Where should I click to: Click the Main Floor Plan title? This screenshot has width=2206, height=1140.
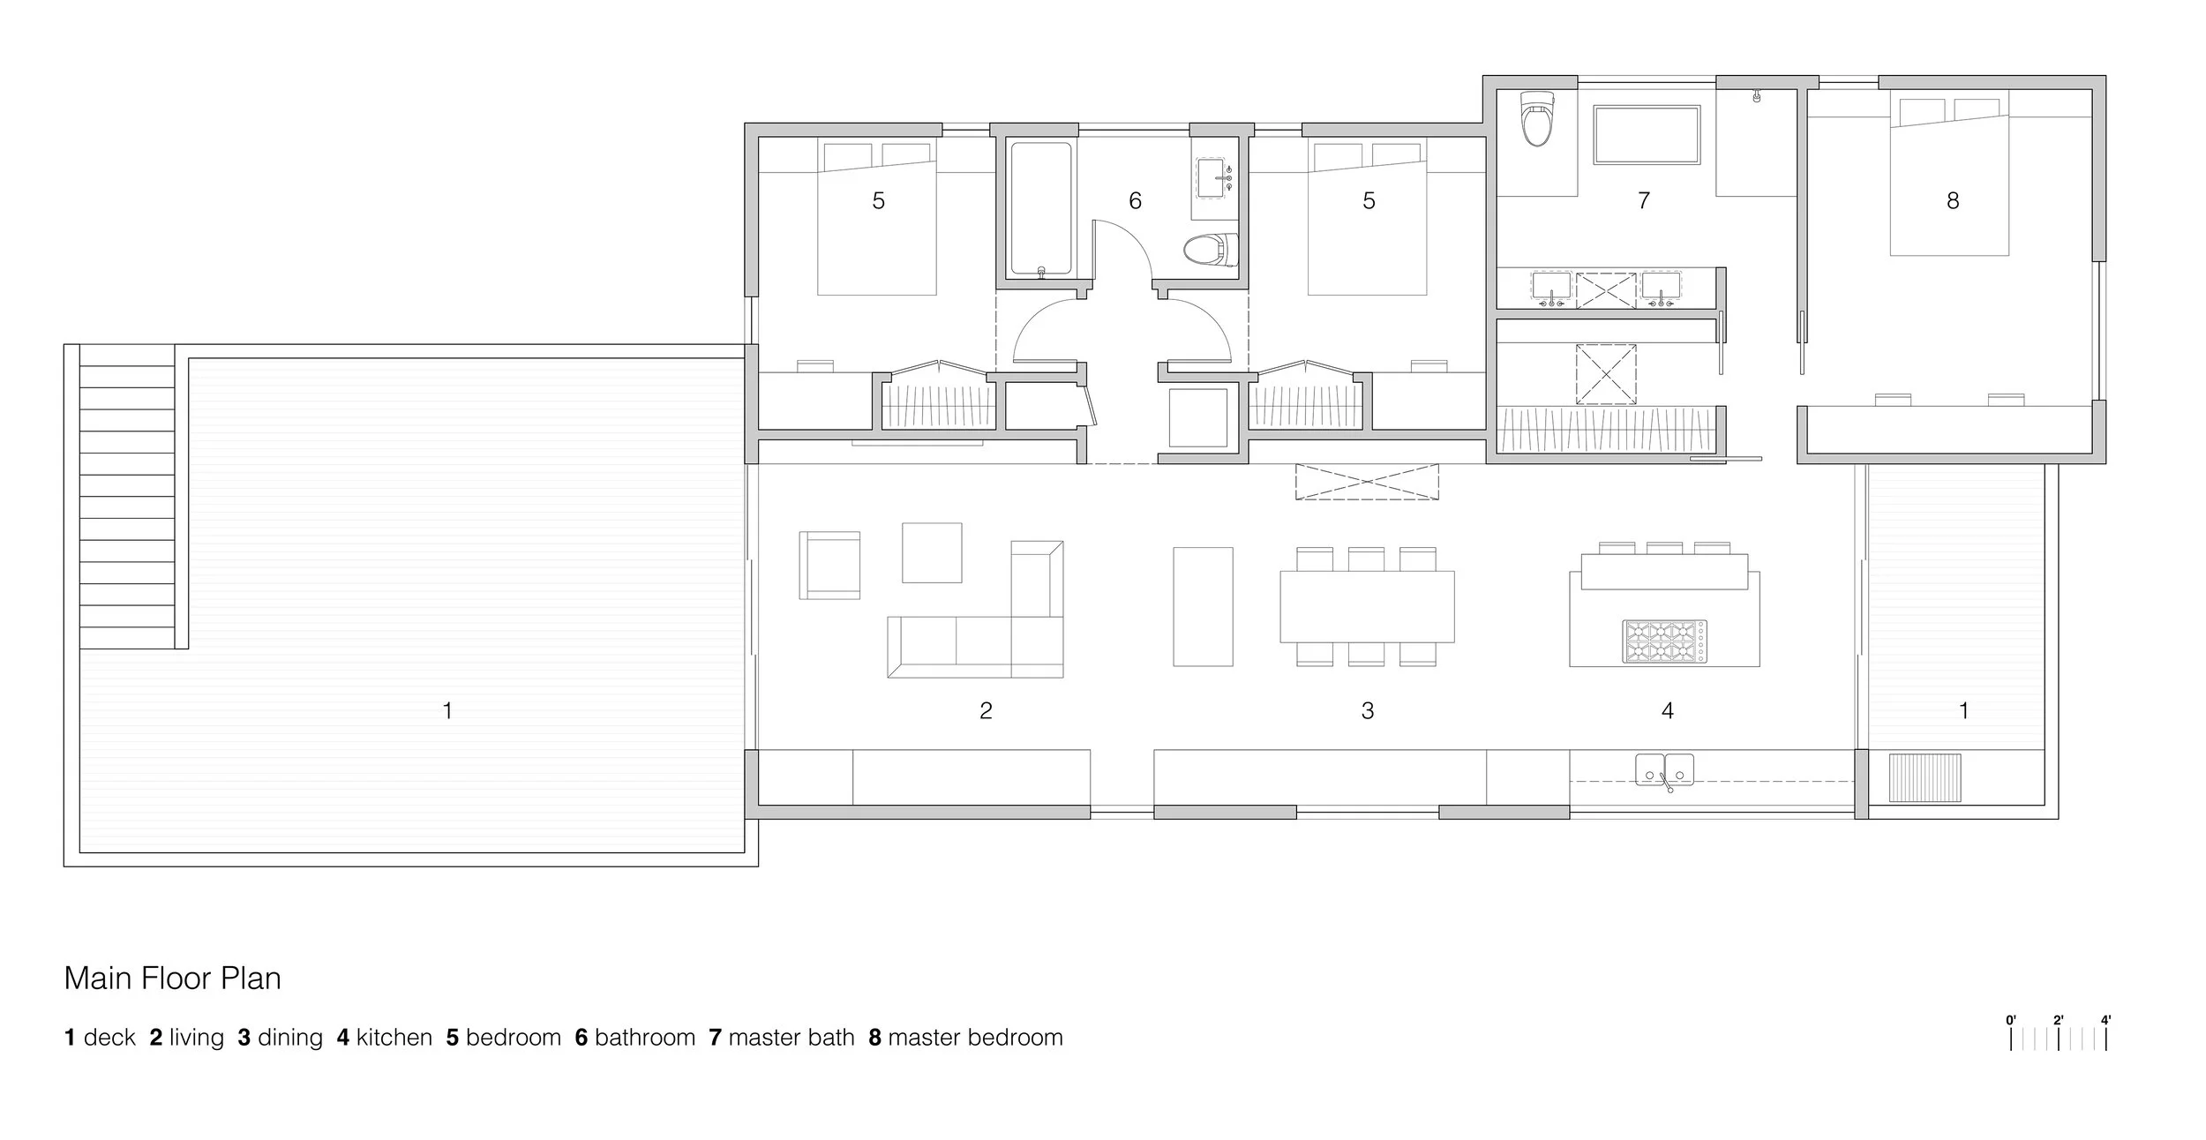(173, 979)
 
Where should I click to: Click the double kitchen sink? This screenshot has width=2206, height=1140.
(1665, 769)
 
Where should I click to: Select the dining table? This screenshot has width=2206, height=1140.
(1367, 606)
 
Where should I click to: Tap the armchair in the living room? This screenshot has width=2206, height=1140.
(829, 566)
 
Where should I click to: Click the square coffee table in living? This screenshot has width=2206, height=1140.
(932, 552)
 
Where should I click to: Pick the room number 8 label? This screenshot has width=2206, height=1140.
(1953, 201)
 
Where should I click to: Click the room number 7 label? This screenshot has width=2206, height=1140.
(1644, 201)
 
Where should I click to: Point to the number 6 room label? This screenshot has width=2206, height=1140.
(1136, 201)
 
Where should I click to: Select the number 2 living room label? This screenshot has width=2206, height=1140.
(986, 710)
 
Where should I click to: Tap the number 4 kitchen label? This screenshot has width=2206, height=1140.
(1668, 710)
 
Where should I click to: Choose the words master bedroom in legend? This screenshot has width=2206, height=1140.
(975, 1038)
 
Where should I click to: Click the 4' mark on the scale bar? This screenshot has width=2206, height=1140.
(2105, 1021)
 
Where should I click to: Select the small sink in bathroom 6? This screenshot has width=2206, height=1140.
(1214, 179)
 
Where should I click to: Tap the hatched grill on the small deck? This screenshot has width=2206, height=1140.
(1925, 777)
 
